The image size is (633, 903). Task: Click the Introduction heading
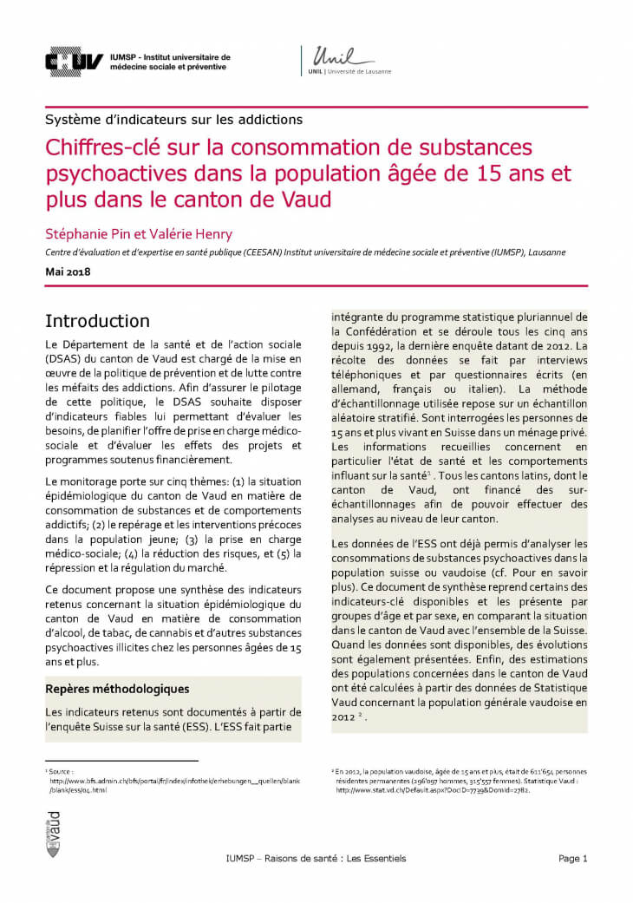(97, 321)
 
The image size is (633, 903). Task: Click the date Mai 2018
(68, 272)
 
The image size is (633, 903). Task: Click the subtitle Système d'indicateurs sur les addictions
(173, 119)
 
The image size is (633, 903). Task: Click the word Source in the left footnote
(60, 770)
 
